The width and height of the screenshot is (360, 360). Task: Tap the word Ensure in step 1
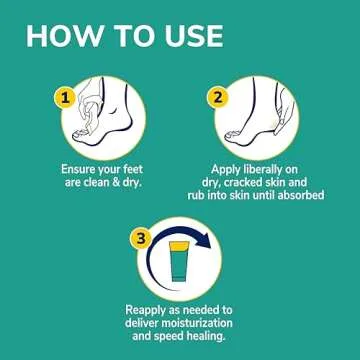82,169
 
